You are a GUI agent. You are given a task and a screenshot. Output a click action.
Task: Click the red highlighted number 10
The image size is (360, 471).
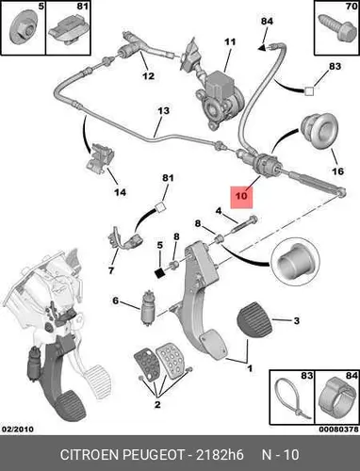pos(241,196)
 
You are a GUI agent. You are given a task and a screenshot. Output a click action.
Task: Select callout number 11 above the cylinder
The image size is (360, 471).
pos(230,41)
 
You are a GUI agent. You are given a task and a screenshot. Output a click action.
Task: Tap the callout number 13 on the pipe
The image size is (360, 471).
pos(163,110)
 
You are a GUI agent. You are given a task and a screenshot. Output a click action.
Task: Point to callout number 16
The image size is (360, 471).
pos(338,171)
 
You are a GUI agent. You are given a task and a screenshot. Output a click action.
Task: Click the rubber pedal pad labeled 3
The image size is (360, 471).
pos(254,321)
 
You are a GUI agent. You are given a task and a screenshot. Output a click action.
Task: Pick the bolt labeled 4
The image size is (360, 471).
pos(245,223)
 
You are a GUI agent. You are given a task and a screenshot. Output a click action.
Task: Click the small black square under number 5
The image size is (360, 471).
pos(160,273)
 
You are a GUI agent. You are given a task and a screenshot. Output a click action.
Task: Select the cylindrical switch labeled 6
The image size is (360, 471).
pos(147,308)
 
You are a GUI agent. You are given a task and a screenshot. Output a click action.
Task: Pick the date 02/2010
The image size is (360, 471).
pos(18,429)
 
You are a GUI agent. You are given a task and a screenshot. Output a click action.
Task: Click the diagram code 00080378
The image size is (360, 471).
pos(338,429)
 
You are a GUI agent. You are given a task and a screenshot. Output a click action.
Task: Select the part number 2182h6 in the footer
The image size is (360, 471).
pos(220,454)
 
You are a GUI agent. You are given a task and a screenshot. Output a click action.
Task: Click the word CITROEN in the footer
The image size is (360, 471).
pos(89,454)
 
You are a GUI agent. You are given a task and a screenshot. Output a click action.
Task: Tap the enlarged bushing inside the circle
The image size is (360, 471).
pos(295,262)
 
